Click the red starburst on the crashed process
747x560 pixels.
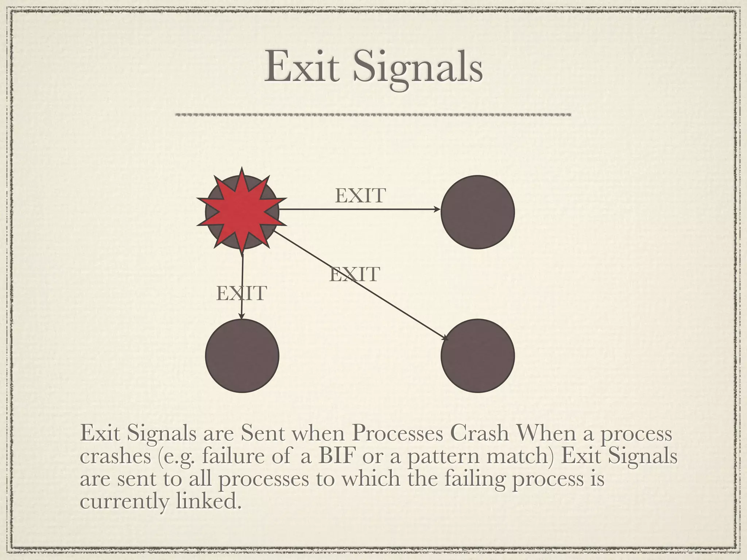(x=242, y=211)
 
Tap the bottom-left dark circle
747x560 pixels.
(x=242, y=355)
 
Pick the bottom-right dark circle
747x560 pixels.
(x=477, y=355)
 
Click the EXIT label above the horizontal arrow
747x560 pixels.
(x=360, y=196)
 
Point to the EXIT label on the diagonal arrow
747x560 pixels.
(x=355, y=275)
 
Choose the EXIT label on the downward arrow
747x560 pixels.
(x=241, y=293)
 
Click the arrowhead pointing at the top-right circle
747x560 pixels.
(x=437, y=209)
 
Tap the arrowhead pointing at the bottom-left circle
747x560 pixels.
(x=241, y=315)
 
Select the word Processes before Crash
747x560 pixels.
(x=398, y=434)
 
